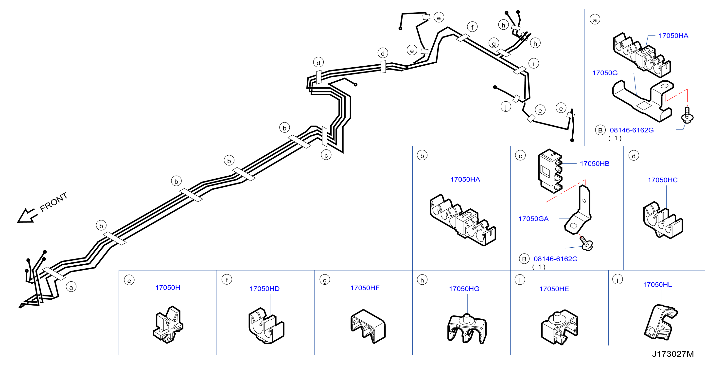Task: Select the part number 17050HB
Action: pos(595,164)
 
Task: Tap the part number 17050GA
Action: pos(533,219)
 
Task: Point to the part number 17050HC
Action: pos(662,180)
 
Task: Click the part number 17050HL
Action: pos(657,285)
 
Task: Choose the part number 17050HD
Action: pos(265,289)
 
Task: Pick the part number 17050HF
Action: pos(365,288)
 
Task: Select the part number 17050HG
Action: pos(464,289)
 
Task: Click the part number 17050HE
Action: pos(554,289)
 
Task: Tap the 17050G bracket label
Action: pos(605,73)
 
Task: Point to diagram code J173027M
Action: pos(673,354)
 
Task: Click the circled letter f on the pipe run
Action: pos(472,27)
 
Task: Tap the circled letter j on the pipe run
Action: pos(506,107)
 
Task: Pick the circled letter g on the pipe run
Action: pos(494,43)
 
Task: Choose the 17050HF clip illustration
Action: pos(368,326)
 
